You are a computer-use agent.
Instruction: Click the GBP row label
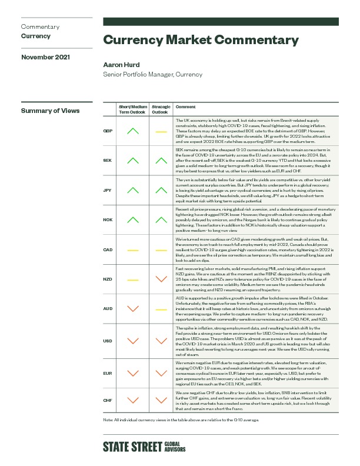[108, 131]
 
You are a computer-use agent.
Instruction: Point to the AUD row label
[108, 308]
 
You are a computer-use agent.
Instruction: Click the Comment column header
[185, 107]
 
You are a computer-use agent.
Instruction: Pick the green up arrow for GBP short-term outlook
[133, 131]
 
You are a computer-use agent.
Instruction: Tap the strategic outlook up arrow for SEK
[159, 160]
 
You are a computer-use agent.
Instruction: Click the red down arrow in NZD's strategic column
[159, 279]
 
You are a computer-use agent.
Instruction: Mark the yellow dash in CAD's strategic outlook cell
[159, 249]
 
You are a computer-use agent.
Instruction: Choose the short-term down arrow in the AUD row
[133, 308]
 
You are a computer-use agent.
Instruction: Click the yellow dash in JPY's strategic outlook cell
[159, 189]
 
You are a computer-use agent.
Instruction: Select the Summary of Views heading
[50, 111]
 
